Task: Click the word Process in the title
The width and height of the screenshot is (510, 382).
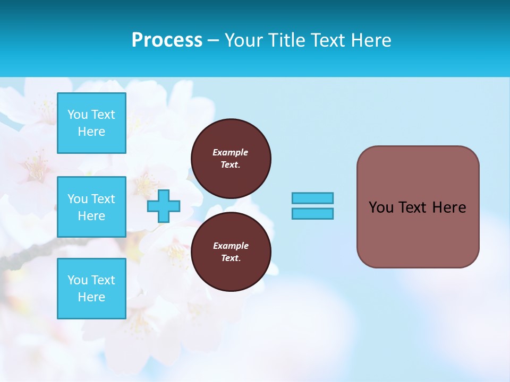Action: tap(167, 40)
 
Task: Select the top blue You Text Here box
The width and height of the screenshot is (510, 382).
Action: tap(91, 123)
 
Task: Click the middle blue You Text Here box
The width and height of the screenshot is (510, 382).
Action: tap(91, 207)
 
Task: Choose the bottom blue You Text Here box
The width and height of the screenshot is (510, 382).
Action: tap(91, 289)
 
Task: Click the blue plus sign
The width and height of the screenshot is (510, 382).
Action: tap(164, 206)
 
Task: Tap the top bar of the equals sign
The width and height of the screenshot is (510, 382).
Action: tap(312, 198)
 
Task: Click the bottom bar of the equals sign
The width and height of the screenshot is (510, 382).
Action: tap(312, 213)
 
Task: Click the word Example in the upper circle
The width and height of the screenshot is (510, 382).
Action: tap(230, 152)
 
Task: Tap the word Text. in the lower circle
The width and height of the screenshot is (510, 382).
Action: tap(231, 258)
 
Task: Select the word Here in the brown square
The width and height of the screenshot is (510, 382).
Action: tap(449, 207)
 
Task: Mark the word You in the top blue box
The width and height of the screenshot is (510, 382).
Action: tap(78, 115)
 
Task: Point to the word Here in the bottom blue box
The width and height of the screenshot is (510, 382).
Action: tap(91, 297)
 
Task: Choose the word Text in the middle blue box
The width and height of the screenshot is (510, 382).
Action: tap(103, 199)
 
